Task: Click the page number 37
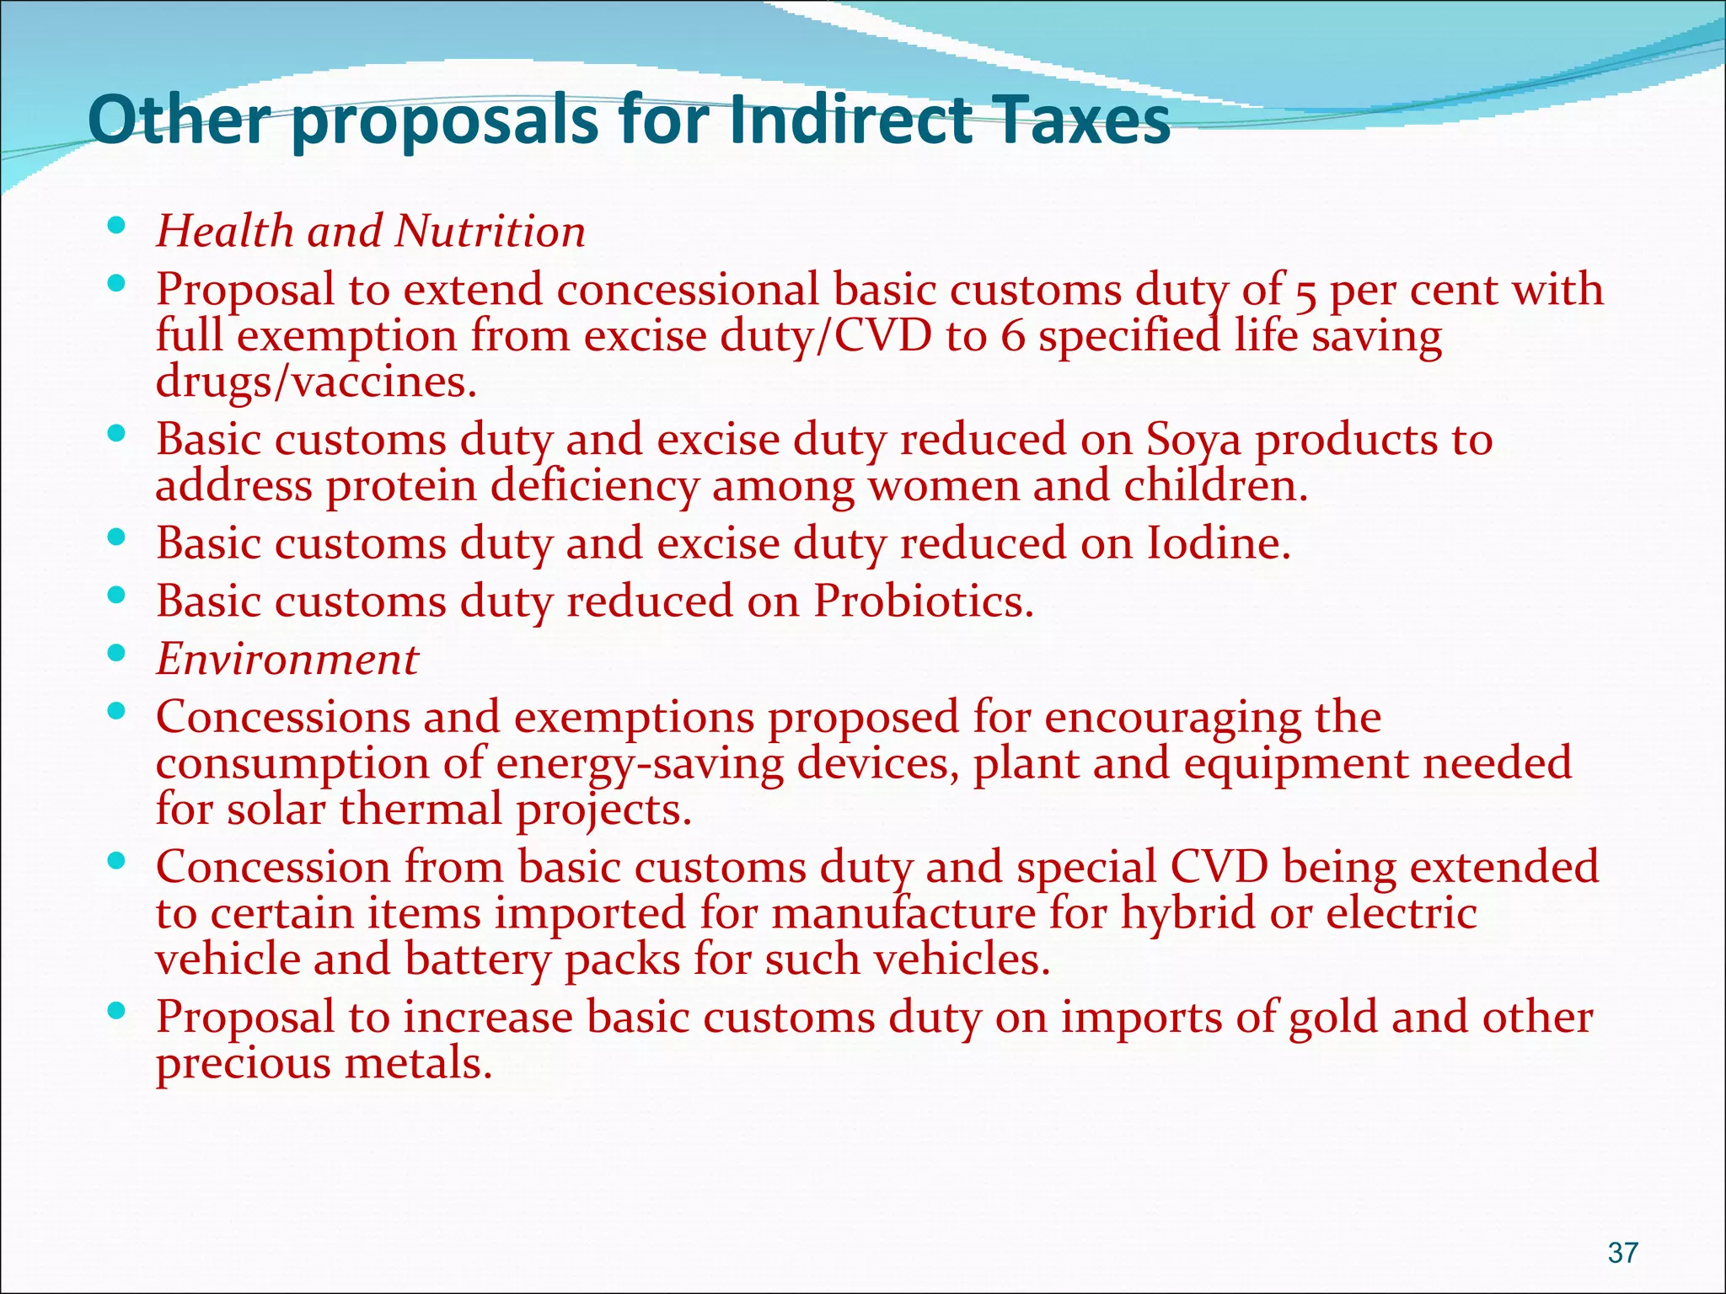[1622, 1253]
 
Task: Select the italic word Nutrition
[490, 232]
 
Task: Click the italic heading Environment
[287, 660]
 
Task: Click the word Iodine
[1218, 543]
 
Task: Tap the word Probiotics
[923, 602]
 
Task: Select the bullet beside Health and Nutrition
[117, 225]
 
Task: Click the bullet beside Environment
[117, 653]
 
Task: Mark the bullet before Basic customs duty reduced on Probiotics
[117, 595]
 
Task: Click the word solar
[276, 810]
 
